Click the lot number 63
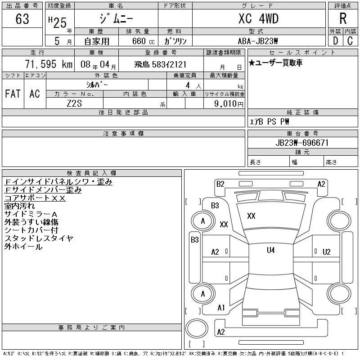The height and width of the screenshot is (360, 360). [22, 19]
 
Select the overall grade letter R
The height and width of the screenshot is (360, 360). [343, 19]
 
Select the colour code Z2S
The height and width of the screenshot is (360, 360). [75, 104]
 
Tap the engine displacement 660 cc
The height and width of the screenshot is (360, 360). [138, 41]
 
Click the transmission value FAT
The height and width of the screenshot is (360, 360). [13, 94]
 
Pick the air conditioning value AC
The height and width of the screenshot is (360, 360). [35, 94]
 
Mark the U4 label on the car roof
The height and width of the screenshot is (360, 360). [270, 250]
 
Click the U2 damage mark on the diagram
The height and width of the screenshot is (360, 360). [326, 252]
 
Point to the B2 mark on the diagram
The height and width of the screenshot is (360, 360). [220, 184]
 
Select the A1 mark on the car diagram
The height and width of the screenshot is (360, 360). [221, 308]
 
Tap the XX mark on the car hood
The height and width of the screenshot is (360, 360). [251, 216]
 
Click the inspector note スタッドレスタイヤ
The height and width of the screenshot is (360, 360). [39, 238]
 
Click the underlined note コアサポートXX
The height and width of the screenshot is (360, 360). [35, 198]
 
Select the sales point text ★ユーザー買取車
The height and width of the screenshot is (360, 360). [275, 63]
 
